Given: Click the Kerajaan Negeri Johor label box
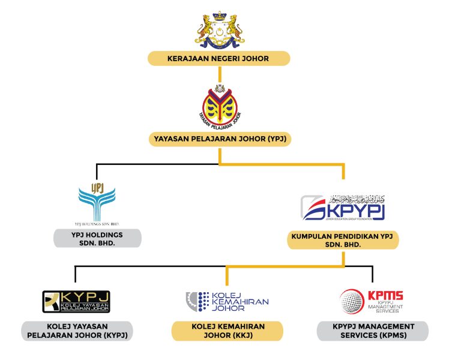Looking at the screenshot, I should (x=219, y=58).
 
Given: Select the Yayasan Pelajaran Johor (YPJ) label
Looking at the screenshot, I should (x=219, y=140).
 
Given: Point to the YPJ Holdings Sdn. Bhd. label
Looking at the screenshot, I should (x=97, y=238).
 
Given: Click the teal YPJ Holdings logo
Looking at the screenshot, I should (x=97, y=200).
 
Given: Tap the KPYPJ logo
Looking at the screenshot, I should (x=343, y=208).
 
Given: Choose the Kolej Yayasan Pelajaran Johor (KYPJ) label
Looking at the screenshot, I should (x=76, y=331).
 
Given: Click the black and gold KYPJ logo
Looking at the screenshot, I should (x=76, y=301).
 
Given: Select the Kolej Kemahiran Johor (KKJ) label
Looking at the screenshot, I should (x=227, y=331).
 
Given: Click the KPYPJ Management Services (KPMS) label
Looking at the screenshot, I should (x=373, y=331).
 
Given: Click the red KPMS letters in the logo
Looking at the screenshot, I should (x=385, y=296).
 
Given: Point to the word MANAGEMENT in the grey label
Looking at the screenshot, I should (x=384, y=326).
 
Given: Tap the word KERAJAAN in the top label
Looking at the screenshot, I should (x=185, y=58).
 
